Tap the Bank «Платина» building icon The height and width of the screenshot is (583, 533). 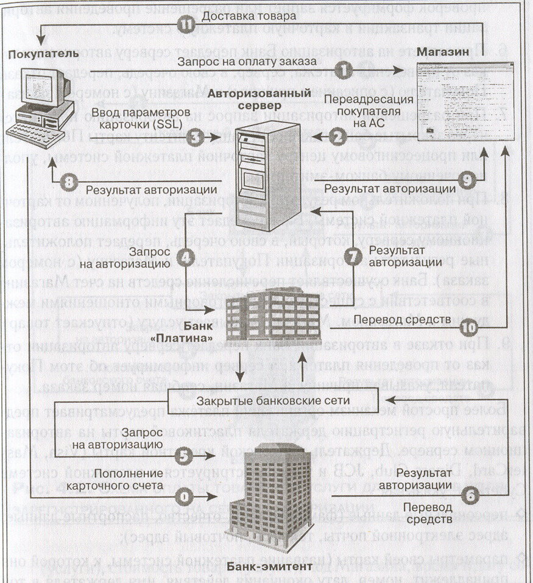268,326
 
